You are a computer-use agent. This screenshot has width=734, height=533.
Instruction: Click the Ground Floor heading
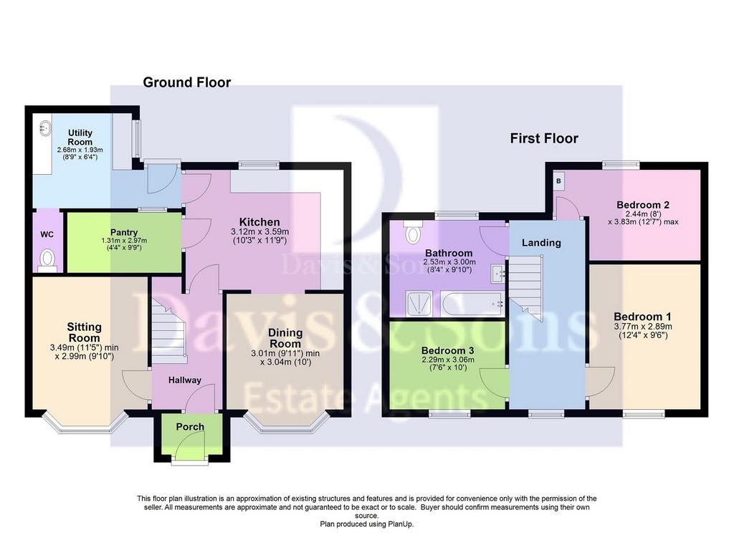click(187, 82)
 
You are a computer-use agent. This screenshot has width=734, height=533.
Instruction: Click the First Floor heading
click(544, 138)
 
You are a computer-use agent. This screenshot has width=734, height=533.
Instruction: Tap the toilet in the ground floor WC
click(47, 260)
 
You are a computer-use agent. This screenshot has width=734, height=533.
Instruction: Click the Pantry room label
click(124, 232)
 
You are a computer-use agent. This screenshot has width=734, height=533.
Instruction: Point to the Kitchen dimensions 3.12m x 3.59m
click(259, 231)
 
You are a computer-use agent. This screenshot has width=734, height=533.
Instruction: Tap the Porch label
click(190, 427)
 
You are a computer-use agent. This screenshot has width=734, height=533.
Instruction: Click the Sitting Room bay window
click(85, 422)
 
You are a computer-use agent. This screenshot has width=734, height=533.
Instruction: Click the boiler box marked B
click(558, 181)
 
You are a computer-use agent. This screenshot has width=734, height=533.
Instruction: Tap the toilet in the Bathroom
click(412, 233)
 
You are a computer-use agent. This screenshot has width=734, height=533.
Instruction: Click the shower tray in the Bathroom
click(421, 304)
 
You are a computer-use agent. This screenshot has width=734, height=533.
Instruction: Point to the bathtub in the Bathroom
click(472, 304)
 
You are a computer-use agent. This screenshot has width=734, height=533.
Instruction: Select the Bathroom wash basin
click(497, 274)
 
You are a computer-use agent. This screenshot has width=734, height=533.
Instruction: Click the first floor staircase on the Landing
click(525, 288)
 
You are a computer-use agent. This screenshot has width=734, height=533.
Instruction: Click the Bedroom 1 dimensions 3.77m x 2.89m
click(643, 327)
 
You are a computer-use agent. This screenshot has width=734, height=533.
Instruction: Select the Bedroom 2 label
click(643, 204)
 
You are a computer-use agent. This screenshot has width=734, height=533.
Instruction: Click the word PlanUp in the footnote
click(400, 524)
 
